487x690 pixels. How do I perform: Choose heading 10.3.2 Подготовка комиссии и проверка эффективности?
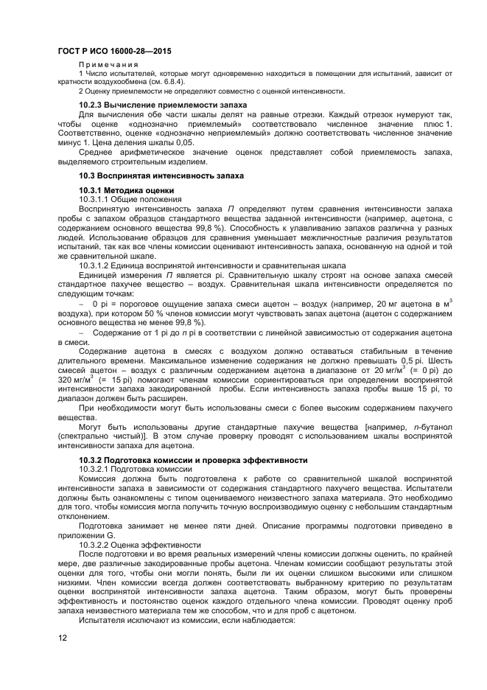click(193, 460)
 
